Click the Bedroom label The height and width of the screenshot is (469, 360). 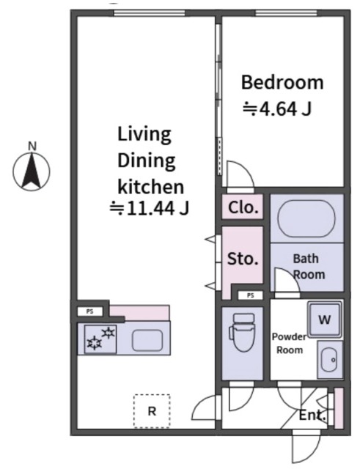[x=282, y=82]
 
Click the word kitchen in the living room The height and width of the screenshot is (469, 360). [x=150, y=187]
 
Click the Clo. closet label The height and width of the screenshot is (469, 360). [x=243, y=207]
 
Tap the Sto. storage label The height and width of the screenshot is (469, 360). [x=243, y=259]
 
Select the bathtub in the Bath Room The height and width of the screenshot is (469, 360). [x=306, y=218]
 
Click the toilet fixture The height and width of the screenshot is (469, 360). [x=242, y=332]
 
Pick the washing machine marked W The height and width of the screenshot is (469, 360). [x=325, y=320]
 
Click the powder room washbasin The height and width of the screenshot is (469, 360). [x=330, y=359]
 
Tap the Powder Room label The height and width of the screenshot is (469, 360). [x=289, y=344]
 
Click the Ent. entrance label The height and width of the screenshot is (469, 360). [x=312, y=416]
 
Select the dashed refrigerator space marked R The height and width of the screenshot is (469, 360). [x=152, y=411]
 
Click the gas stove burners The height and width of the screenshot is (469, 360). [x=100, y=339]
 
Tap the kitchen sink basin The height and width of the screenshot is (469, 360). [x=147, y=340]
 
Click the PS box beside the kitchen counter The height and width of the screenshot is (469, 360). [x=89, y=311]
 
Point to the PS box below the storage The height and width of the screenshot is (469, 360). [x=251, y=295]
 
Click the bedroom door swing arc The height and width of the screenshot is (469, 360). [x=240, y=175]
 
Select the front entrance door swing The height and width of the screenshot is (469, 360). [x=306, y=447]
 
